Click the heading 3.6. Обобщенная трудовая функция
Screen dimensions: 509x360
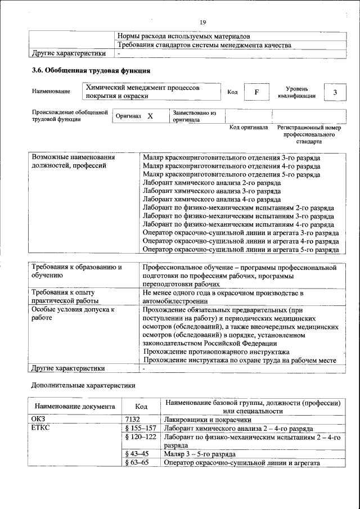91,71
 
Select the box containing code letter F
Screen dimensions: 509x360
256,92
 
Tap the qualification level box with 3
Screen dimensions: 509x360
335,92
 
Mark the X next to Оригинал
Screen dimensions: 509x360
150,116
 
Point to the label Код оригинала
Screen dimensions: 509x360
249,128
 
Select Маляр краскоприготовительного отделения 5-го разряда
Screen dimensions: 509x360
232,175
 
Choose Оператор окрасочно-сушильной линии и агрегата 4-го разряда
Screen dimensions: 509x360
240,241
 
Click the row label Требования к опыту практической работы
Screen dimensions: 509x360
63,297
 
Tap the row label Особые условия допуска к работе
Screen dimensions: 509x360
73,313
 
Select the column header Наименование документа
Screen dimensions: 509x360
75,406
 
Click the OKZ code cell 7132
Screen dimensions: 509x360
133,419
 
